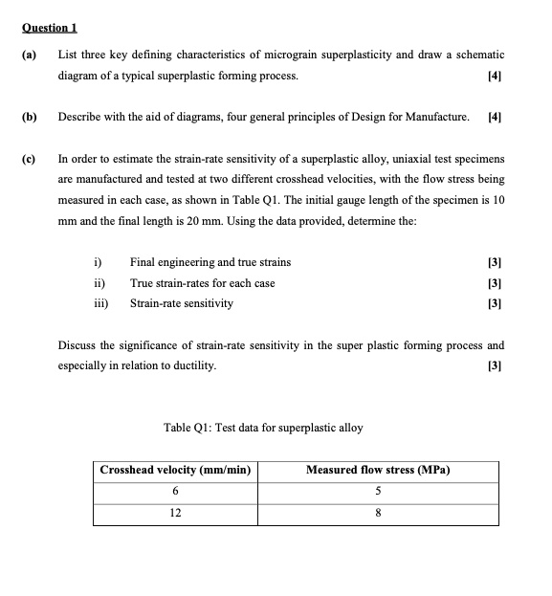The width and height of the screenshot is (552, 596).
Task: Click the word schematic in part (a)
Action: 477,55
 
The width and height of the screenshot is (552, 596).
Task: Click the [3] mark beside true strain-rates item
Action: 495,282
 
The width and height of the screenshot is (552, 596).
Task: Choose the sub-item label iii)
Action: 99,303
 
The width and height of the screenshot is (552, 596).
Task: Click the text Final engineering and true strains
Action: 210,262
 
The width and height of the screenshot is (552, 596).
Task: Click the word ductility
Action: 192,364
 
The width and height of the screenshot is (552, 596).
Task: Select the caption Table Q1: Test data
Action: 263,427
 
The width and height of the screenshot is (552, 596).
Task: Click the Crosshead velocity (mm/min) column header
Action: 175,471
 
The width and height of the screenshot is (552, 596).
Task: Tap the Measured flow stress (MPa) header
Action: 378,471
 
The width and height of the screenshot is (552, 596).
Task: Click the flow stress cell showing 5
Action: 378,492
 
